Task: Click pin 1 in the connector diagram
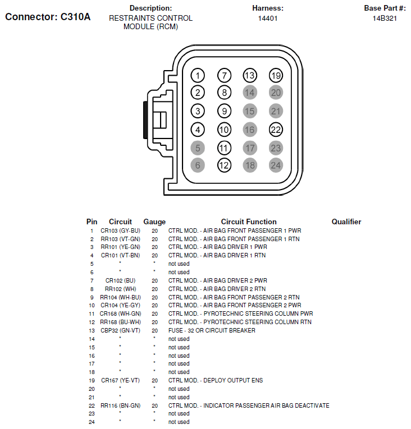[x=198, y=75]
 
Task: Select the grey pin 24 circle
[x=276, y=165]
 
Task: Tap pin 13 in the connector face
[x=250, y=75]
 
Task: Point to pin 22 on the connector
[x=276, y=130]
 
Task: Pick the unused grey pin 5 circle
[x=198, y=148]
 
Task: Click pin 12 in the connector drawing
[x=224, y=165]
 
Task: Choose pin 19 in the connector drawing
[x=276, y=75]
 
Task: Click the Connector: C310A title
[x=48, y=17]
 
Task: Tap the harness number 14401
[x=268, y=19]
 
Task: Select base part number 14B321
[x=385, y=19]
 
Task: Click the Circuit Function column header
[x=249, y=222]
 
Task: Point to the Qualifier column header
[x=346, y=222]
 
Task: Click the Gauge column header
[x=154, y=222]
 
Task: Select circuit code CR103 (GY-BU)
[x=120, y=230]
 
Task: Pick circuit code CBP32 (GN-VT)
[x=120, y=330]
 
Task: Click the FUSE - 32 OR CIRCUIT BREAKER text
[x=212, y=330]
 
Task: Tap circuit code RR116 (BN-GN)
[x=120, y=405]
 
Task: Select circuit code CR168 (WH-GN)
[x=120, y=313]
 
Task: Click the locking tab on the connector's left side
[x=158, y=119]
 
